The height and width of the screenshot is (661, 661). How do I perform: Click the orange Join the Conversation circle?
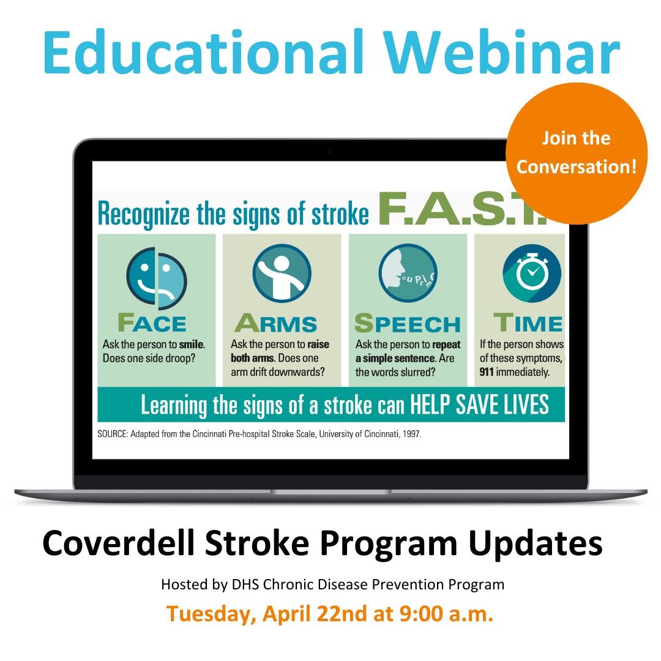coord(576,153)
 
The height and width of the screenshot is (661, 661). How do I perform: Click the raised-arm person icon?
coord(282,273)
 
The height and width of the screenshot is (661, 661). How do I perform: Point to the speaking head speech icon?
coord(408,273)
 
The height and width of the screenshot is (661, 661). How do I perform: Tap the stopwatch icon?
coord(531,273)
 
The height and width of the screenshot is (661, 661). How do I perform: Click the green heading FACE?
coord(152,323)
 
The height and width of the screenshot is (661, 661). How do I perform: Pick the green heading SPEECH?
coord(407,323)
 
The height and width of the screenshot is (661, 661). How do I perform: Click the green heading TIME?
coord(528,323)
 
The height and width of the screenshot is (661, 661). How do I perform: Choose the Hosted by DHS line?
coord(332,584)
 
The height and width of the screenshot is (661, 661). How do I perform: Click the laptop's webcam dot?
coord(330,151)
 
